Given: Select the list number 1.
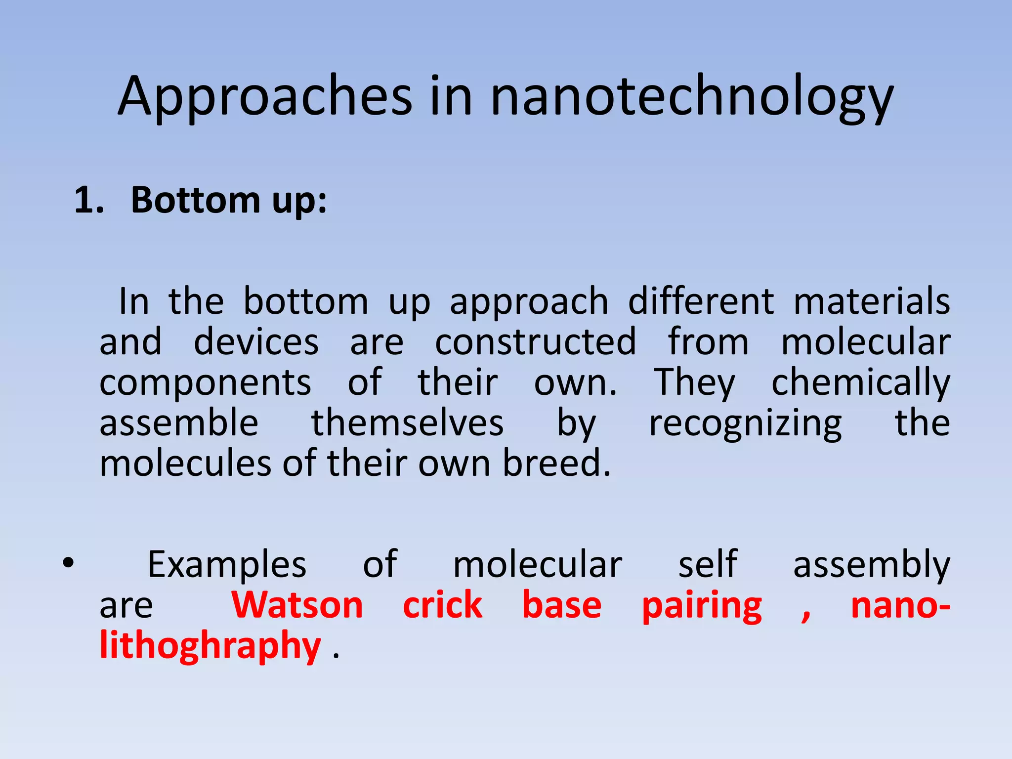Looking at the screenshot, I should click(x=88, y=200).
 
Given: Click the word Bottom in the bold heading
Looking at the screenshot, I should click(x=195, y=200).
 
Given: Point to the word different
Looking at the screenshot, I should click(x=701, y=301).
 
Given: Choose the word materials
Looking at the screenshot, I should click(x=872, y=301).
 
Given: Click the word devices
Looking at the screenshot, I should click(x=256, y=341).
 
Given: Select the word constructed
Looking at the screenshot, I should click(x=536, y=341).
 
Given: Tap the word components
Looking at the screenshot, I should click(x=205, y=383).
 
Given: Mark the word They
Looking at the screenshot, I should click(x=695, y=383).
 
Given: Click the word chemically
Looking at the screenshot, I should click(x=861, y=383).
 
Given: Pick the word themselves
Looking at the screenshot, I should click(x=407, y=423).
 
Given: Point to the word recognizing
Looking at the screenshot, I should click(x=745, y=423).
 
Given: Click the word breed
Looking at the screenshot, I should click(x=556, y=464).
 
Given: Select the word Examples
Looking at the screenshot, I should click(x=227, y=564).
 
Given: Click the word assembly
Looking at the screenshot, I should click(x=872, y=564).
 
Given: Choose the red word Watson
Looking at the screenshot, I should click(x=297, y=605).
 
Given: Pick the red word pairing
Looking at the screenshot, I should click(x=702, y=606).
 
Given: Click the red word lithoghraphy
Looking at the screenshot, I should click(x=211, y=646).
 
